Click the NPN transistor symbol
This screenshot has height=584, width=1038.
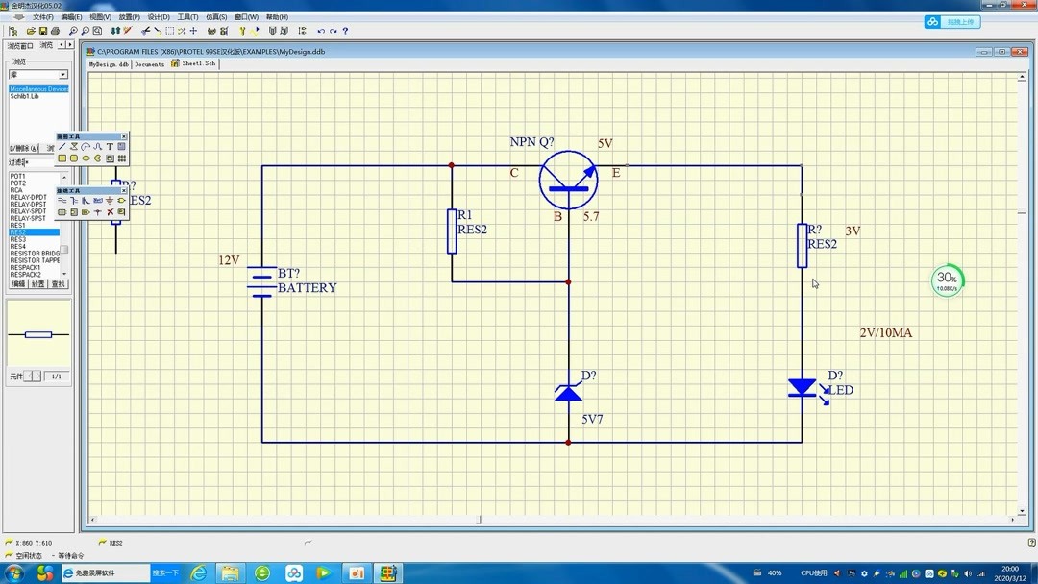pos(568,179)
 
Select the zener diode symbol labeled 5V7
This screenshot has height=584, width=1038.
pos(568,393)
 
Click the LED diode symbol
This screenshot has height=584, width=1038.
pos(802,388)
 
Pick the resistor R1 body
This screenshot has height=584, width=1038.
pos(452,231)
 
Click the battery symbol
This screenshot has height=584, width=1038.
pos(261,280)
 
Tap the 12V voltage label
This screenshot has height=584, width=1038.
pos(229,260)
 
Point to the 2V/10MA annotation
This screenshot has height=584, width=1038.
pos(886,333)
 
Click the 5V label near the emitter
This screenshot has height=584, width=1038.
pos(605,144)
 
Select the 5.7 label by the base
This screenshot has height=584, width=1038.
pos(590,217)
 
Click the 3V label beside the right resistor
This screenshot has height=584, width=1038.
pos(853,231)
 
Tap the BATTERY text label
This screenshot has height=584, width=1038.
pos(307,288)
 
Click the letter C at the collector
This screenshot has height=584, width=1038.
pos(514,174)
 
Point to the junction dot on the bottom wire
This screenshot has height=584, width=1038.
pos(568,443)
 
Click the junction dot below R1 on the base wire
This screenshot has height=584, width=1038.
pos(568,281)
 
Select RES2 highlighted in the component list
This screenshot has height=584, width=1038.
pos(19,232)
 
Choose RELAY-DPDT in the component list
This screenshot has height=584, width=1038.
pos(28,197)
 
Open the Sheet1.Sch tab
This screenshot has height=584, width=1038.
pos(198,64)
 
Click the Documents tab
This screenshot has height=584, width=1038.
pos(149,64)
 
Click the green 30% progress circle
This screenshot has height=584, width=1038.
pos(947,280)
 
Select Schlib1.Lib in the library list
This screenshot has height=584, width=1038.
pos(25,96)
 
